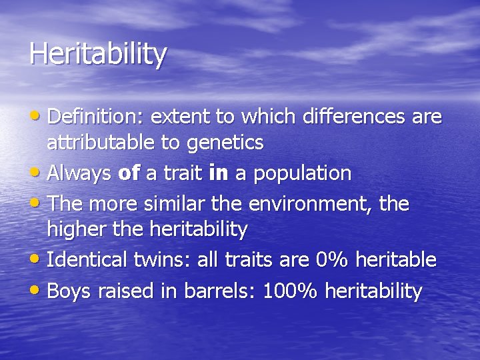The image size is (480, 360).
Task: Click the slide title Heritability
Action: click(97, 55)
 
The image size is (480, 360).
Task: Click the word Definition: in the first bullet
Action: click(97, 117)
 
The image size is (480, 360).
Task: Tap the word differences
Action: click(354, 117)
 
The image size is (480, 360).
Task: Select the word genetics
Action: click(225, 142)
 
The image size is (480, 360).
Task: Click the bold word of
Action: click(129, 173)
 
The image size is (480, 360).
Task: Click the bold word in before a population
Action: click(219, 173)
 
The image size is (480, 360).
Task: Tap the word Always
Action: click(80, 173)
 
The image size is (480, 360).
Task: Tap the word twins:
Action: click(163, 260)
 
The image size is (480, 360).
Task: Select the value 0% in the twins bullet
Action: click(331, 260)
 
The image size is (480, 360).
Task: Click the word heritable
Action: click(396, 260)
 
